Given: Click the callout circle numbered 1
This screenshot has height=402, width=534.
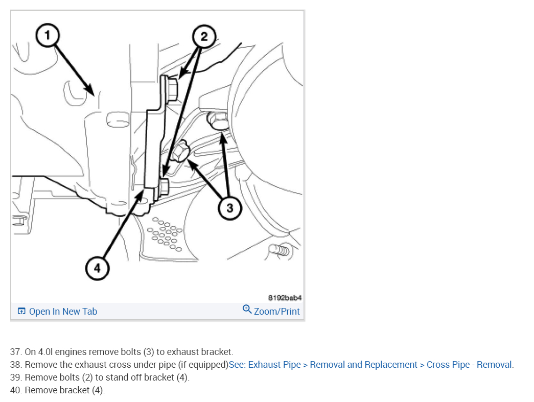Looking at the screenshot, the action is (48, 36).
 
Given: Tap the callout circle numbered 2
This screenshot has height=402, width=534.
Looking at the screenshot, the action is (204, 36).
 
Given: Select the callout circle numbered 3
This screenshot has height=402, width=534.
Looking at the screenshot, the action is (229, 208).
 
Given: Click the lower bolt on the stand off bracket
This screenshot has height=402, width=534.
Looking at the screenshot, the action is (164, 186).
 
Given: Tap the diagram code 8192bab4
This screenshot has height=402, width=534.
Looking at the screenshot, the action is (285, 297).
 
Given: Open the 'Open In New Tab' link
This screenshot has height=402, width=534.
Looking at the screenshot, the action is (63, 312).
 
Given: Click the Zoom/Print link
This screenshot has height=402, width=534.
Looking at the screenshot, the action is (276, 312).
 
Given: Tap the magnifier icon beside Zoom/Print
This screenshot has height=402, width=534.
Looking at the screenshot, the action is (247, 310).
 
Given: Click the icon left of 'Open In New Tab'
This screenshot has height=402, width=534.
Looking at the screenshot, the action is (21, 312).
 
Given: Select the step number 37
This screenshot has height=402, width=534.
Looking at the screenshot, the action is (15, 352).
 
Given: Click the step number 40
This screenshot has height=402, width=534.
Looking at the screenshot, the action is (15, 390).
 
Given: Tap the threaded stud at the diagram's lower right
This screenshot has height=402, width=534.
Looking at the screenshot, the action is (280, 250).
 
